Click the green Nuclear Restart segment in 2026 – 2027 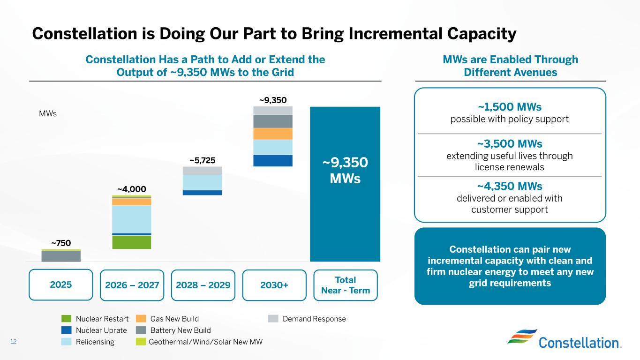(x=131, y=242)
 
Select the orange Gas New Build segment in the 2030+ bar (x=273, y=134)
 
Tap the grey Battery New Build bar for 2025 (x=61, y=256)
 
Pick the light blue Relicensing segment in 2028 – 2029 (x=202, y=182)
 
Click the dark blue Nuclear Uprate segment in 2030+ (x=273, y=160)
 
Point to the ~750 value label (x=61, y=243)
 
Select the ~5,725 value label (x=202, y=160)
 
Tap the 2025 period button (x=61, y=285)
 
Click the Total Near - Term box (x=345, y=285)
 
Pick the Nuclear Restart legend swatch (x=67, y=319)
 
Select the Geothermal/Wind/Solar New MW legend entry (x=205, y=342)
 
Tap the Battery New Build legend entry (x=180, y=330)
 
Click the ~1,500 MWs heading (x=510, y=106)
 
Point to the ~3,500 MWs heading (x=510, y=143)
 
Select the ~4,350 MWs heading (x=510, y=186)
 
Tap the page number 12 (x=13, y=342)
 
